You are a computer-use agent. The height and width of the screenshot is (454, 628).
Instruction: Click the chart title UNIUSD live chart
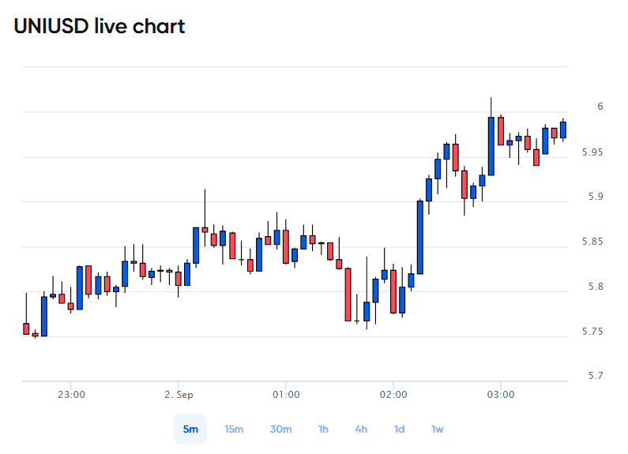[100, 26]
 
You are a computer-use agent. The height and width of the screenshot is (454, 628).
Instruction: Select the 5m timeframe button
[190, 429]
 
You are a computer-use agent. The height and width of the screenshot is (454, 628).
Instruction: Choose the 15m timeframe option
[234, 430]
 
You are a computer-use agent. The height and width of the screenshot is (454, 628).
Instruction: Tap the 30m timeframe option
[280, 430]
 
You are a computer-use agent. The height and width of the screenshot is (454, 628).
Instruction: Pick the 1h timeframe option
[323, 430]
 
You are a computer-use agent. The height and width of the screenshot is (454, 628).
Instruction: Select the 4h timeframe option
[361, 430]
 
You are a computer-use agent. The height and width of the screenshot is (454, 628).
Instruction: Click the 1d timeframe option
[399, 430]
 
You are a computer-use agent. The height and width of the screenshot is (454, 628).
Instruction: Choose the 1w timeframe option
[438, 430]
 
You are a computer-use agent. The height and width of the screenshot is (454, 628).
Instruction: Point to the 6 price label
[600, 107]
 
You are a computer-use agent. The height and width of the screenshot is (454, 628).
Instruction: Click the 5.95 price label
[592, 152]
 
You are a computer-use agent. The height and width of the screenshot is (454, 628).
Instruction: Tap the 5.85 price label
[592, 242]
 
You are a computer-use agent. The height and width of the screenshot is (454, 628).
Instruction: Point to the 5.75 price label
[592, 332]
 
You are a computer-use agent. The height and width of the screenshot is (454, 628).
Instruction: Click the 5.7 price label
[596, 376]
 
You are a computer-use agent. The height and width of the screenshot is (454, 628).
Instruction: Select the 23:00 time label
[71, 395]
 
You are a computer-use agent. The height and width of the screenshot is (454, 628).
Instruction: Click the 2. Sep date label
[179, 395]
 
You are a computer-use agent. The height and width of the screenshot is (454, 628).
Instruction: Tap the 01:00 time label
[286, 395]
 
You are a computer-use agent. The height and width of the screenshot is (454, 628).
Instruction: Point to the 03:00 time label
[501, 395]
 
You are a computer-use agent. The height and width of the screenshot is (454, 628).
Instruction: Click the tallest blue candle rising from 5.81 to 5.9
[420, 238]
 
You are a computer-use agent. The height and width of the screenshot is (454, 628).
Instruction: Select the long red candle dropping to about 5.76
[348, 295]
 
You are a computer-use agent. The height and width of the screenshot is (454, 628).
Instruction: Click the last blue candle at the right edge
[563, 129]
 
